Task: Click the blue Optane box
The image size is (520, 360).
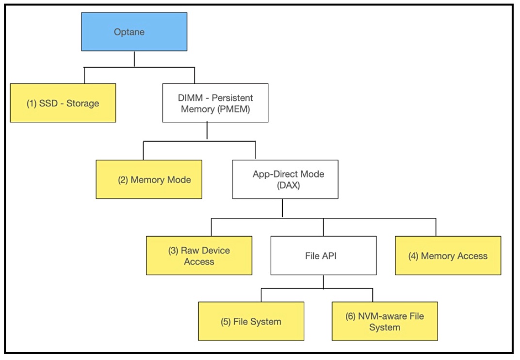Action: tap(134, 32)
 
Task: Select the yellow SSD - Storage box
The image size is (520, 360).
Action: tap(63, 103)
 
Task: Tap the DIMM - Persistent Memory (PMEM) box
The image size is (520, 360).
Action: tap(215, 103)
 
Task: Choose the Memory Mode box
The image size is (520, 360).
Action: tap(149, 180)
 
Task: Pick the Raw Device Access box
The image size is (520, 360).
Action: tap(199, 256)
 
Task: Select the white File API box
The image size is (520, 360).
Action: tap(323, 256)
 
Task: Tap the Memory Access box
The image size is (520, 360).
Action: tap(448, 256)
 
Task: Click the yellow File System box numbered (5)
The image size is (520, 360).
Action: tap(251, 321)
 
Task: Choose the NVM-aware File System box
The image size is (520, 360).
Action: tap(385, 321)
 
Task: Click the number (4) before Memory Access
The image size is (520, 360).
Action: tap(413, 256)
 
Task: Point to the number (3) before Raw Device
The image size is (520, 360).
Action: tap(172, 251)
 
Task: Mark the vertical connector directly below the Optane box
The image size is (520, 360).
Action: tap(134, 59)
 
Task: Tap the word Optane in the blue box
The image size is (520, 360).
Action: tap(130, 33)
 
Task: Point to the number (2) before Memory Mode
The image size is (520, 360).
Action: tap(123, 180)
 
